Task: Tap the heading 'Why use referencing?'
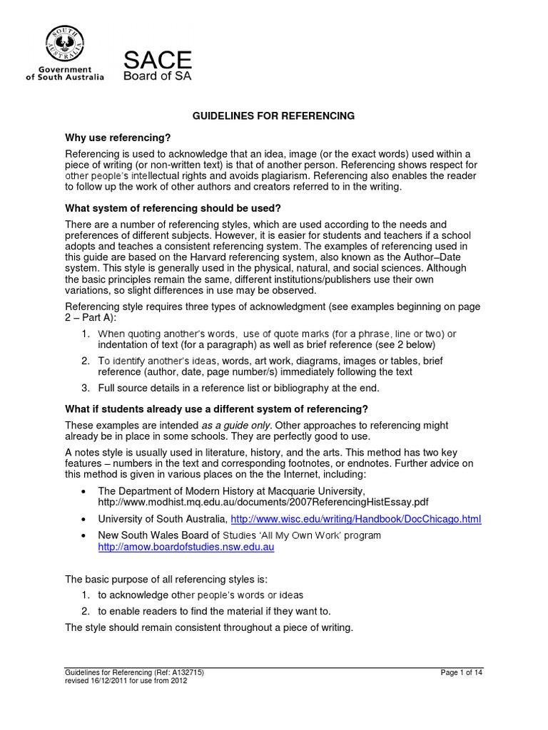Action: (x=118, y=137)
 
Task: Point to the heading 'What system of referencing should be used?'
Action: (x=173, y=208)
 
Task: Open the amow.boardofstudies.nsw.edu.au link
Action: (x=186, y=547)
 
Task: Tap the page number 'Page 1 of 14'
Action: (x=462, y=672)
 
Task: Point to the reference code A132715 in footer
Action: (x=185, y=672)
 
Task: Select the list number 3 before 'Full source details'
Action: (x=85, y=388)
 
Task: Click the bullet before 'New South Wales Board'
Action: (x=85, y=535)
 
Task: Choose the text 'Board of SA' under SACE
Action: (x=158, y=76)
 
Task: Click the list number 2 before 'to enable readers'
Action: (x=85, y=611)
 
